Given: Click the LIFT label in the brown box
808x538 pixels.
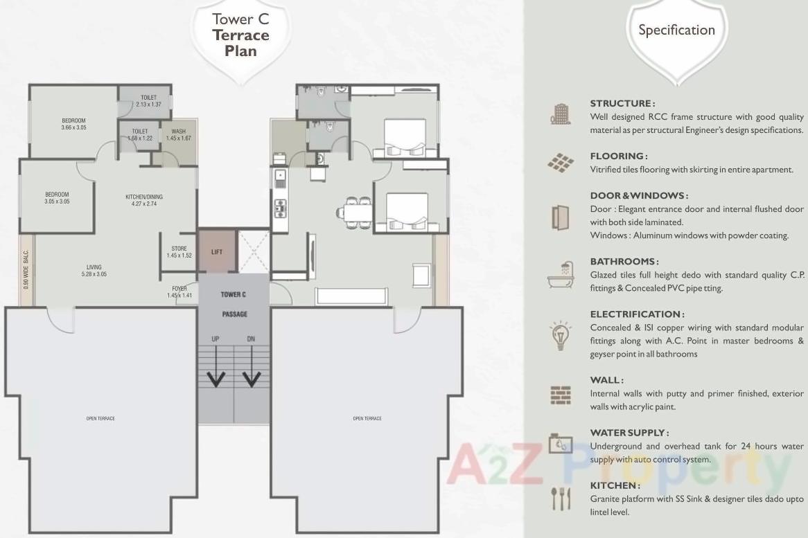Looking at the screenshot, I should click(x=217, y=252).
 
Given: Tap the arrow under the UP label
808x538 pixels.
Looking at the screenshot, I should click(x=217, y=377).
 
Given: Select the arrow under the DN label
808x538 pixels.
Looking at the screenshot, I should click(x=251, y=377).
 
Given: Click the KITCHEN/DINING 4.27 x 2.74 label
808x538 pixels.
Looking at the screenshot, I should click(x=144, y=201).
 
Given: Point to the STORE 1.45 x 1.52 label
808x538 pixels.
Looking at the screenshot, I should click(x=179, y=252).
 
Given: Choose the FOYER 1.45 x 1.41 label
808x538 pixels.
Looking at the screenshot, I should click(x=179, y=292).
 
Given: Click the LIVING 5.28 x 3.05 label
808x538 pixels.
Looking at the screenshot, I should click(x=94, y=270).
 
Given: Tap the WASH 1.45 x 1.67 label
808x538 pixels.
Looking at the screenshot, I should click(x=178, y=134).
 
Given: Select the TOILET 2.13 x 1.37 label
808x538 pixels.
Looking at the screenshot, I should click(x=148, y=100).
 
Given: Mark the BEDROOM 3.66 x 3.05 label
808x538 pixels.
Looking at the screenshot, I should click(x=73, y=124).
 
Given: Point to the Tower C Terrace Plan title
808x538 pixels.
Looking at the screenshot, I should click(x=240, y=35).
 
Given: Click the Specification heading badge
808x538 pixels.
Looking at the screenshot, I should click(x=676, y=30).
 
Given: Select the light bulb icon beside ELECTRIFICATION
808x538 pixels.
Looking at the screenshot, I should click(x=560, y=334).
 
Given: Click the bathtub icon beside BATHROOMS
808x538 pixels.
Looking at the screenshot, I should click(x=560, y=275).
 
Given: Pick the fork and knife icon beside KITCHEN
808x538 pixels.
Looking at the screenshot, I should click(x=560, y=498).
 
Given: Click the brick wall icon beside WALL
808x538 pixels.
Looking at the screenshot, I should click(x=560, y=395).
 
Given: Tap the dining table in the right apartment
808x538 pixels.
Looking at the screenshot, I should click(x=358, y=211).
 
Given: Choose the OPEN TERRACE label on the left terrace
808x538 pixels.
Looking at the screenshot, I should click(x=100, y=418).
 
